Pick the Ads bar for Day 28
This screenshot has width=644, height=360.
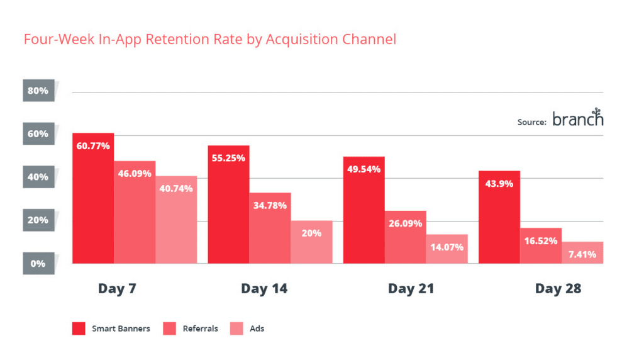[x=582, y=252]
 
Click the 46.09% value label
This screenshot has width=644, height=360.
[x=135, y=173]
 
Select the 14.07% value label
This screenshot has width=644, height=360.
[x=447, y=247]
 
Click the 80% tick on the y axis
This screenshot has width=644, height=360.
[x=38, y=91]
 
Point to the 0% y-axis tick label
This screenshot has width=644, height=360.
[x=38, y=263]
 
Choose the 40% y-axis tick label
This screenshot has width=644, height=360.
[x=38, y=177]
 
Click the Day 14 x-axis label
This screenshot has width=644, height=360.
[x=264, y=289]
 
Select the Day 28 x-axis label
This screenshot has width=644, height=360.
[x=558, y=289]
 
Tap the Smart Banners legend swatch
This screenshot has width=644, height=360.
[x=79, y=329]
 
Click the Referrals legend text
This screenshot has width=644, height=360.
[x=200, y=329]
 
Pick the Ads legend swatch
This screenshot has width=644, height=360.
[x=236, y=329]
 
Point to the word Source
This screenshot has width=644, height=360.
[x=531, y=122]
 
